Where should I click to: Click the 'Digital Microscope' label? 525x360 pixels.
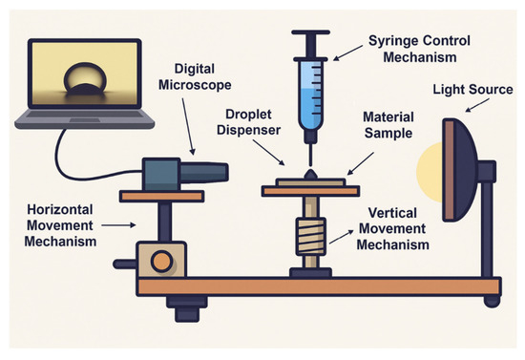click(x=195, y=76)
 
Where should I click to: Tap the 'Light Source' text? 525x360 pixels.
click(x=472, y=90)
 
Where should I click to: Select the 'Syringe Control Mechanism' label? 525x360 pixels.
click(x=420, y=49)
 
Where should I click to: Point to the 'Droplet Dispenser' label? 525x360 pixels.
click(x=248, y=122)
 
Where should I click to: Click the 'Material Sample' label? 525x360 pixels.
click(x=388, y=125)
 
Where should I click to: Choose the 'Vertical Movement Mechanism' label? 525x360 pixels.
click(x=392, y=229)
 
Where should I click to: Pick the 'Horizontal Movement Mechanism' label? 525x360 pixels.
click(x=60, y=225)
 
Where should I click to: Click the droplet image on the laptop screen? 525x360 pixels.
click(x=85, y=77)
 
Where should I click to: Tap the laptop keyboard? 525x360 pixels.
click(x=85, y=115)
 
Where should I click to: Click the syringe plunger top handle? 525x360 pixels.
click(x=311, y=32)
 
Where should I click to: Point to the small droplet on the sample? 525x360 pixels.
click(x=310, y=175)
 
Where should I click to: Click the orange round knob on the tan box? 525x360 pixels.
click(x=162, y=262)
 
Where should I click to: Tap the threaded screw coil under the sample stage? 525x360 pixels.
click(x=311, y=236)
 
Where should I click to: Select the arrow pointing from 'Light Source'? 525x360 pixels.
click(x=477, y=105)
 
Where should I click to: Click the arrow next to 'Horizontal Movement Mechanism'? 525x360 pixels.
click(x=118, y=225)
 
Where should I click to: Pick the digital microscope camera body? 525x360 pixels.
click(x=186, y=174)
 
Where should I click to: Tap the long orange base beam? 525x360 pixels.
click(x=319, y=286)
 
